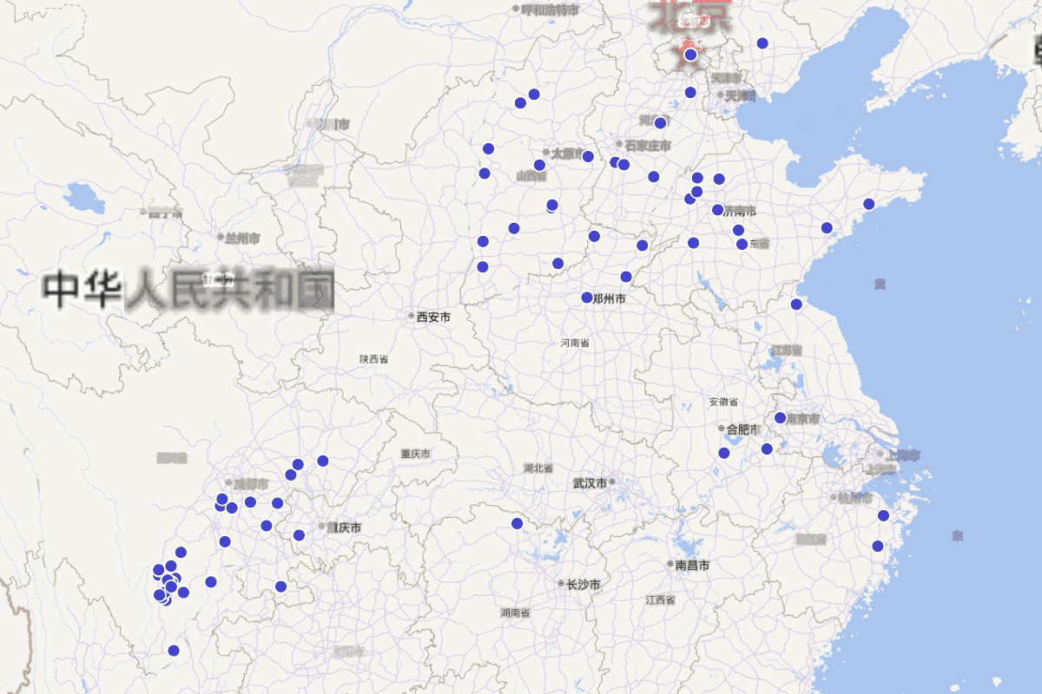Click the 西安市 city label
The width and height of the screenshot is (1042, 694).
click(433, 317)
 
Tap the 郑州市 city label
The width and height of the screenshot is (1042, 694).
click(609, 298)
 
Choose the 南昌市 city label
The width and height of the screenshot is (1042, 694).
click(692, 565)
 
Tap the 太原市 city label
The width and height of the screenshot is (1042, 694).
click(568, 153)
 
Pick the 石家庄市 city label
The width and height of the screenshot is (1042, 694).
click(648, 145)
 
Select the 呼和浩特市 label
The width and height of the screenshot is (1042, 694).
click(550, 10)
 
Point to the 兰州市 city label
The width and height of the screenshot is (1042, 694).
click(242, 238)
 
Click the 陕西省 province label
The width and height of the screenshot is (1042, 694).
click(373, 358)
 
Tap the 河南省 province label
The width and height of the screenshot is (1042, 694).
click(575, 343)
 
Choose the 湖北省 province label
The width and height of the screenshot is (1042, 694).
click(538, 468)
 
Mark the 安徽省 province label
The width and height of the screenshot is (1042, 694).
click(722, 402)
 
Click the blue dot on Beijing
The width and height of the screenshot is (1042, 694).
click(690, 55)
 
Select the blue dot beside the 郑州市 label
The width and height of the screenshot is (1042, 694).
click(587, 298)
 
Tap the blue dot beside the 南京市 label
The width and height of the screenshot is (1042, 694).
click(780, 417)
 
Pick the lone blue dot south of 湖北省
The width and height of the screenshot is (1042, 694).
click(517, 523)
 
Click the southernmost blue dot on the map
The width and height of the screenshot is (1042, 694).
click(174, 650)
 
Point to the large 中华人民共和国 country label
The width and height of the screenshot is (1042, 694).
click(189, 290)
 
